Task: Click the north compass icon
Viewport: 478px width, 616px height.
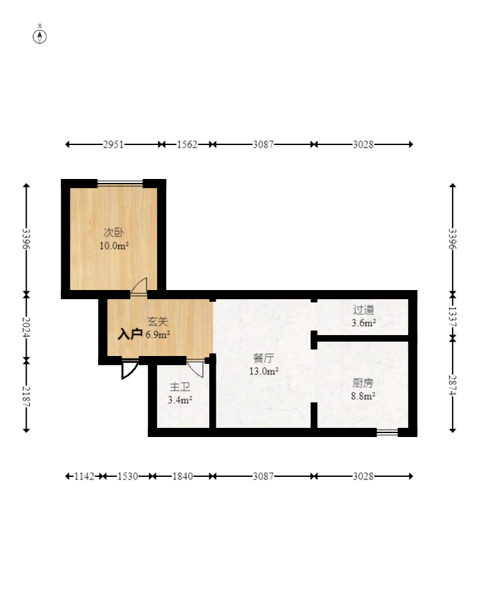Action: click(39, 36)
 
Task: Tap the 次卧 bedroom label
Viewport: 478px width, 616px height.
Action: click(114, 233)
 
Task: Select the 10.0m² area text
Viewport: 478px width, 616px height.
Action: click(114, 246)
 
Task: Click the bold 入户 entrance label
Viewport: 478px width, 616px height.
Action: click(130, 334)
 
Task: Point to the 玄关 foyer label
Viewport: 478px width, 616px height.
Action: click(158, 322)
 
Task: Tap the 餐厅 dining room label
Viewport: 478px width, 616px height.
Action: click(264, 358)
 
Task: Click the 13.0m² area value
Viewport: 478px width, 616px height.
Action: click(264, 371)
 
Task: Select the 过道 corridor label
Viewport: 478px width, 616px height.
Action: click(364, 310)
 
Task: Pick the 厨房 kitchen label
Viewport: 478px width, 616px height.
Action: click(363, 383)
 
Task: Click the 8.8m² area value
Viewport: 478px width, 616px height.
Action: click(363, 396)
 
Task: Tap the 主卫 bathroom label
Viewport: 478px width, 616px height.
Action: click(180, 387)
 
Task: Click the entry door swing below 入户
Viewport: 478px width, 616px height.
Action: click(129, 370)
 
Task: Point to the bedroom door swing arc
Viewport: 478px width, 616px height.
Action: click(140, 285)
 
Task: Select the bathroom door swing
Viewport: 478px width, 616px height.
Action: click(196, 369)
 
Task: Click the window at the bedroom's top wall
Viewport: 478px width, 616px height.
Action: click(120, 182)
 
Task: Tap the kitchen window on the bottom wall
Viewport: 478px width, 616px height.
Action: click(388, 432)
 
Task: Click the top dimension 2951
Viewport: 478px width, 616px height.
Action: click(113, 144)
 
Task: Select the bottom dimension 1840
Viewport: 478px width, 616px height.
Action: click(182, 477)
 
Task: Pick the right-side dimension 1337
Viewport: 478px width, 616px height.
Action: click(452, 316)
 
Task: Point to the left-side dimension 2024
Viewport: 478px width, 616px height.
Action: click(26, 327)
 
